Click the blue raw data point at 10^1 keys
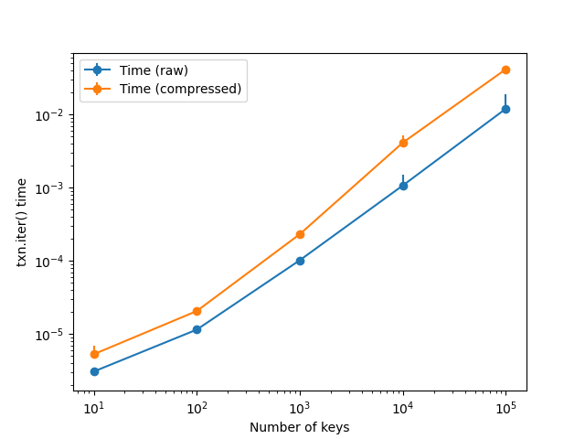94,372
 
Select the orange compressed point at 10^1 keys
94,354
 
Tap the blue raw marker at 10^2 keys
197,329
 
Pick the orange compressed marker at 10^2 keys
197,311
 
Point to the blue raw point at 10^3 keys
300,261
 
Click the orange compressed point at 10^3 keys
300,234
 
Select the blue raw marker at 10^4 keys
403,186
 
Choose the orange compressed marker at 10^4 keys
403,143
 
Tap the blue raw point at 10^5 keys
505,110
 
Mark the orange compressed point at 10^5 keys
505,70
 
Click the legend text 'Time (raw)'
154,70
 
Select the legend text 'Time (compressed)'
181,89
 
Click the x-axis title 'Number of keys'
300,427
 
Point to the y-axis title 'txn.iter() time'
22,222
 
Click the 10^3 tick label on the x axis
300,409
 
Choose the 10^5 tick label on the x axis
505,409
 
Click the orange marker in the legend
97,89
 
